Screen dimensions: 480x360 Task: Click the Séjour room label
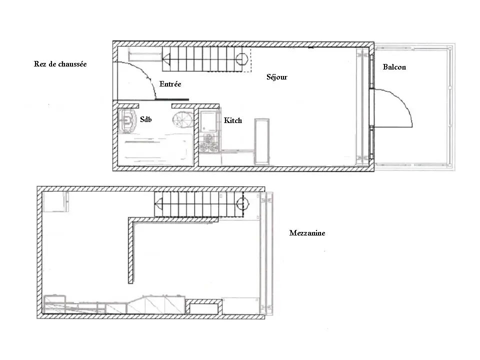(x=276, y=77)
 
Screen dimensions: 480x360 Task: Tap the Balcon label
(x=394, y=67)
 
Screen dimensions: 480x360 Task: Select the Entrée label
(x=170, y=84)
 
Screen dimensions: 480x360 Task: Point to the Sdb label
(x=145, y=119)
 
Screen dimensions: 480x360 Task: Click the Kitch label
(x=232, y=120)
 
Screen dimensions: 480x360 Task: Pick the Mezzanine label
(x=307, y=233)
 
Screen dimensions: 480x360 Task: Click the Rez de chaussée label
(x=60, y=64)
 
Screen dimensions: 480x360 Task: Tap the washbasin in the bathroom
(x=127, y=120)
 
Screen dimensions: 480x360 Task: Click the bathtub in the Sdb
(x=155, y=150)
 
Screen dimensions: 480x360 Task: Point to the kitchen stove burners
(x=209, y=143)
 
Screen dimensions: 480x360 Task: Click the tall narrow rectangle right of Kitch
(x=261, y=141)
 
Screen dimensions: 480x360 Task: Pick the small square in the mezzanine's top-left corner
(x=55, y=201)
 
